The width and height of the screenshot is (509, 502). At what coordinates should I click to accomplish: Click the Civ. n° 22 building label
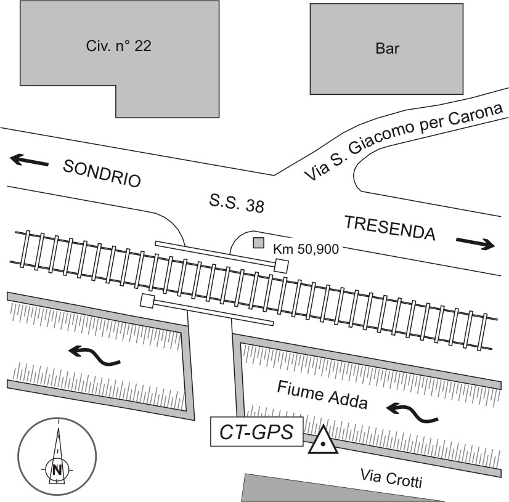pyautogui.click(x=117, y=46)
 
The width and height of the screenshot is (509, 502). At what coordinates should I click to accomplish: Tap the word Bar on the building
pyautogui.click(x=386, y=49)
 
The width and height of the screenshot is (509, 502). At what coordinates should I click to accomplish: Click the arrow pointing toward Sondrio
pyautogui.click(x=29, y=161)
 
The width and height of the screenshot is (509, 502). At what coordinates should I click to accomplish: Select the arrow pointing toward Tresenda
pyautogui.click(x=476, y=244)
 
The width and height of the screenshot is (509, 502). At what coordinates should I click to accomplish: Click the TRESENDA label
pyautogui.click(x=389, y=229)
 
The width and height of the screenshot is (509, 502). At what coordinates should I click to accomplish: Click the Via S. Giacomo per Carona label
pyautogui.click(x=405, y=142)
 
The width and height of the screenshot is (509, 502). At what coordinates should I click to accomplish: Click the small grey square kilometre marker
pyautogui.click(x=259, y=243)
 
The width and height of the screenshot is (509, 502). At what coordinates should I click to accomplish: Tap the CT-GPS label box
pyautogui.click(x=257, y=431)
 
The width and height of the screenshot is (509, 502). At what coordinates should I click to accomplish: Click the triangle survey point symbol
pyautogui.click(x=323, y=442)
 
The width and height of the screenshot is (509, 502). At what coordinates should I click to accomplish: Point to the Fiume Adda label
pyautogui.click(x=322, y=395)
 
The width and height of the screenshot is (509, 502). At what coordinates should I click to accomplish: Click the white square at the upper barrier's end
pyautogui.click(x=282, y=265)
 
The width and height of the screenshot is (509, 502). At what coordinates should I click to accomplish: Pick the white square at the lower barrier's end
pyautogui.click(x=147, y=301)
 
